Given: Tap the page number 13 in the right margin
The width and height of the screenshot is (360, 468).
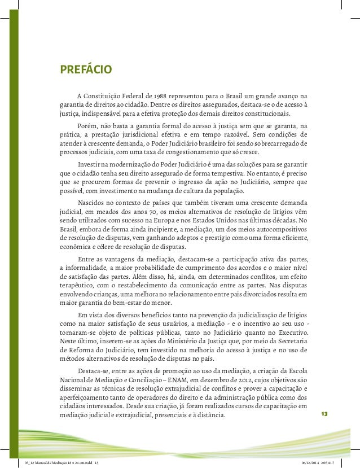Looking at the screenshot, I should [x=324, y=414].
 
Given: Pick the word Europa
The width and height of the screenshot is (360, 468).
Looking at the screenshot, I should [x=176, y=220].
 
